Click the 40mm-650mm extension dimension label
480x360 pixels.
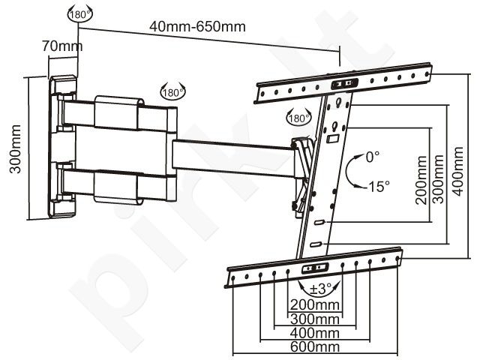point(197,27)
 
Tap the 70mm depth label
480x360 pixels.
point(62,46)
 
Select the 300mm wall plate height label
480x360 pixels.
point(15,149)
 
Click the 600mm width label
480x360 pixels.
point(315,347)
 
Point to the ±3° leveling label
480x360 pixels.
point(320,288)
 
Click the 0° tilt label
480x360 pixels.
point(373,157)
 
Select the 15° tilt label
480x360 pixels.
point(379,186)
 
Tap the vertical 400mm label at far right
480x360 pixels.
point(458,172)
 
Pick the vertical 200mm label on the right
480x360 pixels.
point(421,180)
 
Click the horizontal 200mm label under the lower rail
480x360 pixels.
point(315,305)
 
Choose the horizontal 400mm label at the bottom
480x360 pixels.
point(315,333)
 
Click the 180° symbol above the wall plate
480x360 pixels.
point(79,13)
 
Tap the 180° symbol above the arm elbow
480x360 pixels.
point(173,91)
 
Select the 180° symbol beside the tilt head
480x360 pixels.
point(298,117)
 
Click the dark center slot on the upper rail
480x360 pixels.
point(345,83)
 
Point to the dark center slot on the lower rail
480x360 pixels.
point(315,268)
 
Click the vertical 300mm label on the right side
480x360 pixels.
point(438,179)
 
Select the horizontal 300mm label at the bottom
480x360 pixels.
point(315,319)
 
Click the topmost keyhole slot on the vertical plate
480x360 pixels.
point(339,101)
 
